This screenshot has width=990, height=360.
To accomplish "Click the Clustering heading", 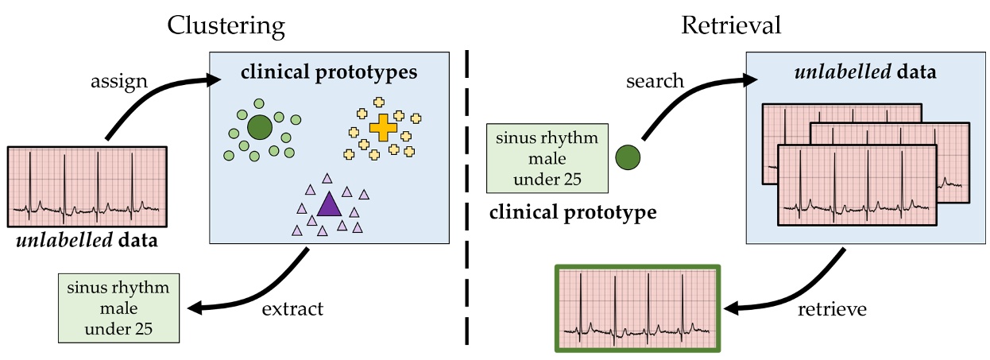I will (x=226, y=25).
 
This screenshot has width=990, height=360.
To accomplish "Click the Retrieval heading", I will (x=731, y=25).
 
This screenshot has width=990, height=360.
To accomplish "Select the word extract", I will (x=292, y=308).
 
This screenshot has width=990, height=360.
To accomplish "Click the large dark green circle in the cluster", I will (x=259, y=127).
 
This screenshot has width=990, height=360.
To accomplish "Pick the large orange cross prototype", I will (x=383, y=127).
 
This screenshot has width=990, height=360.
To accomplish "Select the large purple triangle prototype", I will (x=328, y=206).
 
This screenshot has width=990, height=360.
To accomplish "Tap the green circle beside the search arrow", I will (x=628, y=157).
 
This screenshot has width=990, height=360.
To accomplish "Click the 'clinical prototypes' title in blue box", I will (x=328, y=73).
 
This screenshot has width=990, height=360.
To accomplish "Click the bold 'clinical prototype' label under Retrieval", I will (x=573, y=212).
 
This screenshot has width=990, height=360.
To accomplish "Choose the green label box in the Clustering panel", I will (x=118, y=308).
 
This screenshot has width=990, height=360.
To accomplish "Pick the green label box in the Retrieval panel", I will (x=547, y=158).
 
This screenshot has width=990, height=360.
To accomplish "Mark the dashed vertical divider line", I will (x=466, y=199).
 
